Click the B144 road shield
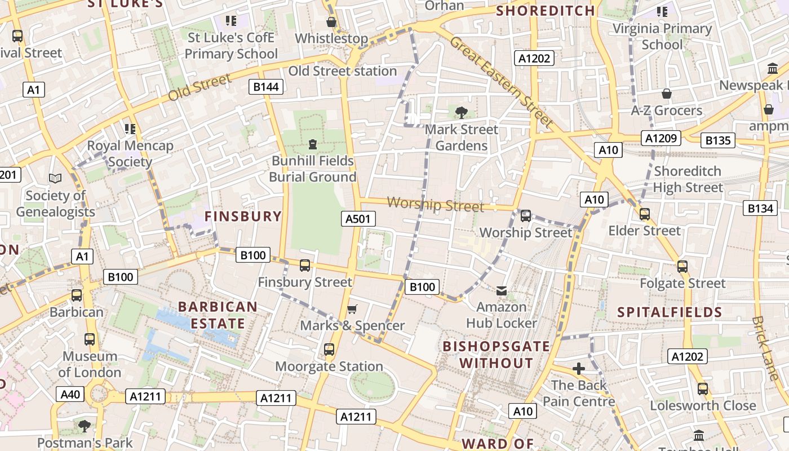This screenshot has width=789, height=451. pyautogui.click(x=267, y=87)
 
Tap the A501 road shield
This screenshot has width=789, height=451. pyautogui.click(x=358, y=219)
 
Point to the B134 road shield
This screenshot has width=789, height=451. pyautogui.click(x=760, y=208)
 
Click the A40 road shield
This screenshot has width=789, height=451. pyautogui.click(x=70, y=394)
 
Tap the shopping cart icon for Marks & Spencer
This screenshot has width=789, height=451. pyautogui.click(x=352, y=308)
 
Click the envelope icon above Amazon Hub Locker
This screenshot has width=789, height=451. pyautogui.click(x=501, y=291)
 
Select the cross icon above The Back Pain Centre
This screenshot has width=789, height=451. pyautogui.click(x=578, y=369)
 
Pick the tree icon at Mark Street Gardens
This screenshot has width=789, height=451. pyautogui.click(x=462, y=112)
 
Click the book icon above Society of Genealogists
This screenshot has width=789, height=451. pyautogui.click(x=55, y=178)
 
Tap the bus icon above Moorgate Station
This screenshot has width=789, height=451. pyautogui.click(x=329, y=350)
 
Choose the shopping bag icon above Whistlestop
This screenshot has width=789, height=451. pyautogui.click(x=331, y=22)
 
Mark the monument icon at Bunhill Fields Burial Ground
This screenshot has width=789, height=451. pyautogui.click(x=313, y=144)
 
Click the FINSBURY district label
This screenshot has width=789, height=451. pyautogui.click(x=243, y=216)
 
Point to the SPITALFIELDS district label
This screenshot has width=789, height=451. pyautogui.click(x=670, y=312)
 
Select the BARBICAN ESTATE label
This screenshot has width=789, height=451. pyautogui.click(x=218, y=315)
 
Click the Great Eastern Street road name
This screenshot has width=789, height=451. pyautogui.click(x=501, y=81)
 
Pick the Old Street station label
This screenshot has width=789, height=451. pyautogui.click(x=343, y=71)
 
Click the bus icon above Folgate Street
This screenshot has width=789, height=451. pyautogui.click(x=682, y=267)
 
